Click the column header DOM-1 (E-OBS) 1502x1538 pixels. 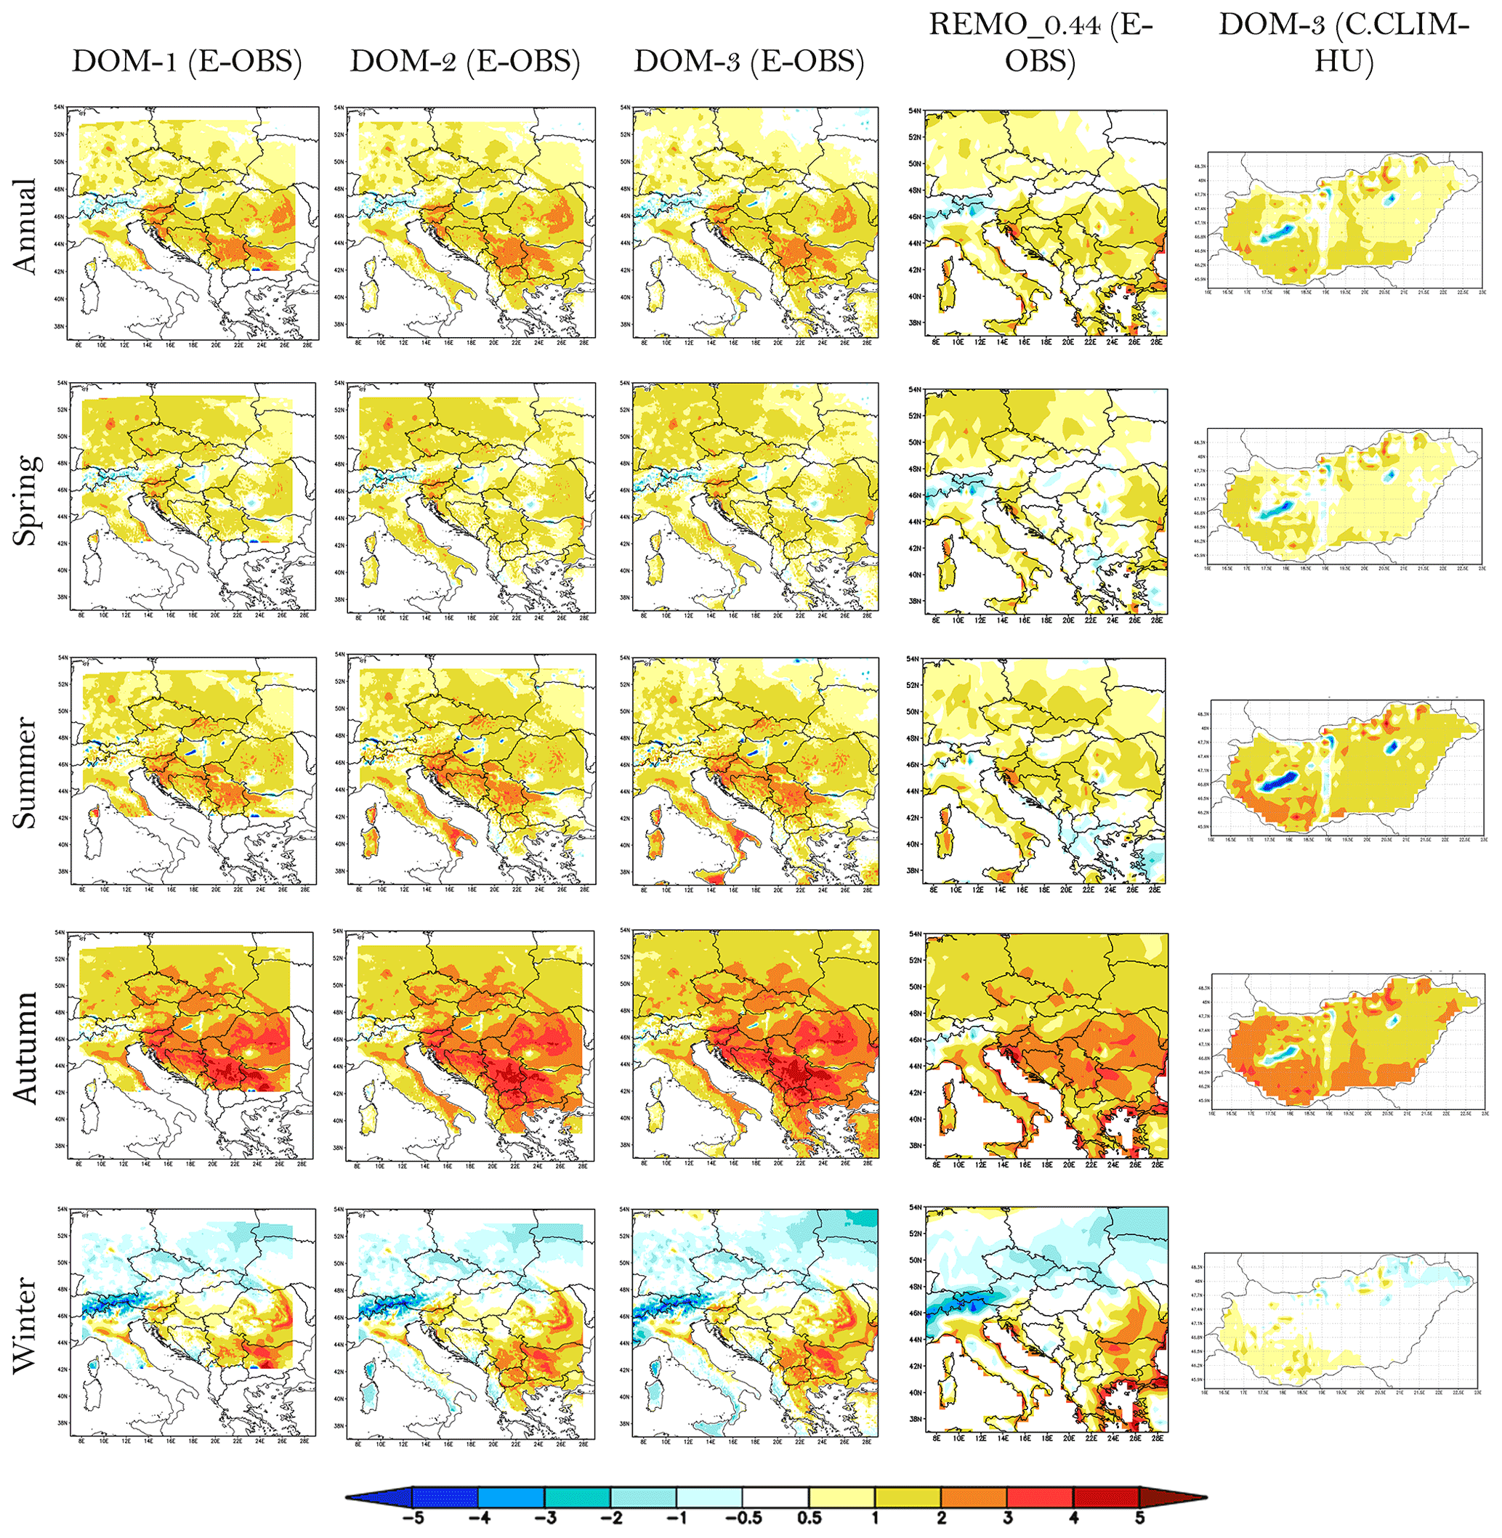[187, 62]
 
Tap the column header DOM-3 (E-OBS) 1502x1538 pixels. [748, 62]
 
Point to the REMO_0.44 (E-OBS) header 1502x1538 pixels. [1041, 43]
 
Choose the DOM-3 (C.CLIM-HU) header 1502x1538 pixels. [1344, 43]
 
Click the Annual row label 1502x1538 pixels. [26, 227]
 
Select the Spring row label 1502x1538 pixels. [26, 500]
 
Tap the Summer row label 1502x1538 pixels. [26, 773]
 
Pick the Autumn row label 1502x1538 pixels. [26, 1048]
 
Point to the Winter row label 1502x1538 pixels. [26, 1325]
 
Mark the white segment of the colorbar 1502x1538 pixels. [775, 1496]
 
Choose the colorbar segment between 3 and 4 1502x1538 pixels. [1040, 1496]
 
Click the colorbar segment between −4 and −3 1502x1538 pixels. [511, 1496]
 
